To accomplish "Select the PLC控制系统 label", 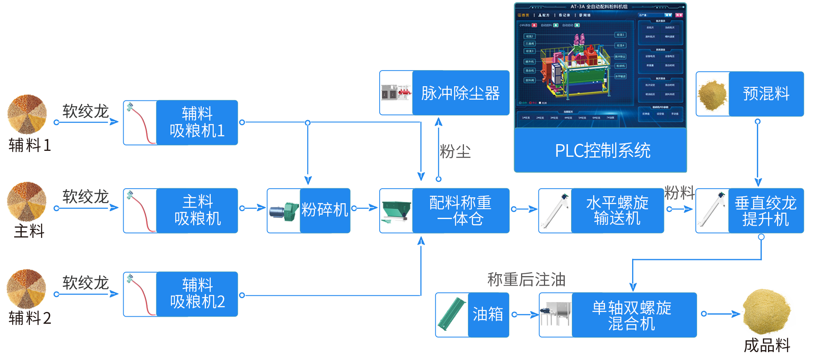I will [602, 150].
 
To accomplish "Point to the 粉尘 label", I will [455, 151].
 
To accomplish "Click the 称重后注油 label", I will [526, 280].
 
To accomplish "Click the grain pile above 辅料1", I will [27, 114].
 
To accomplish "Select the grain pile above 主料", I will [26, 201].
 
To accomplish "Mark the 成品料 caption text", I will [767, 345].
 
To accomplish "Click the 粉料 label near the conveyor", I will [679, 193].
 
